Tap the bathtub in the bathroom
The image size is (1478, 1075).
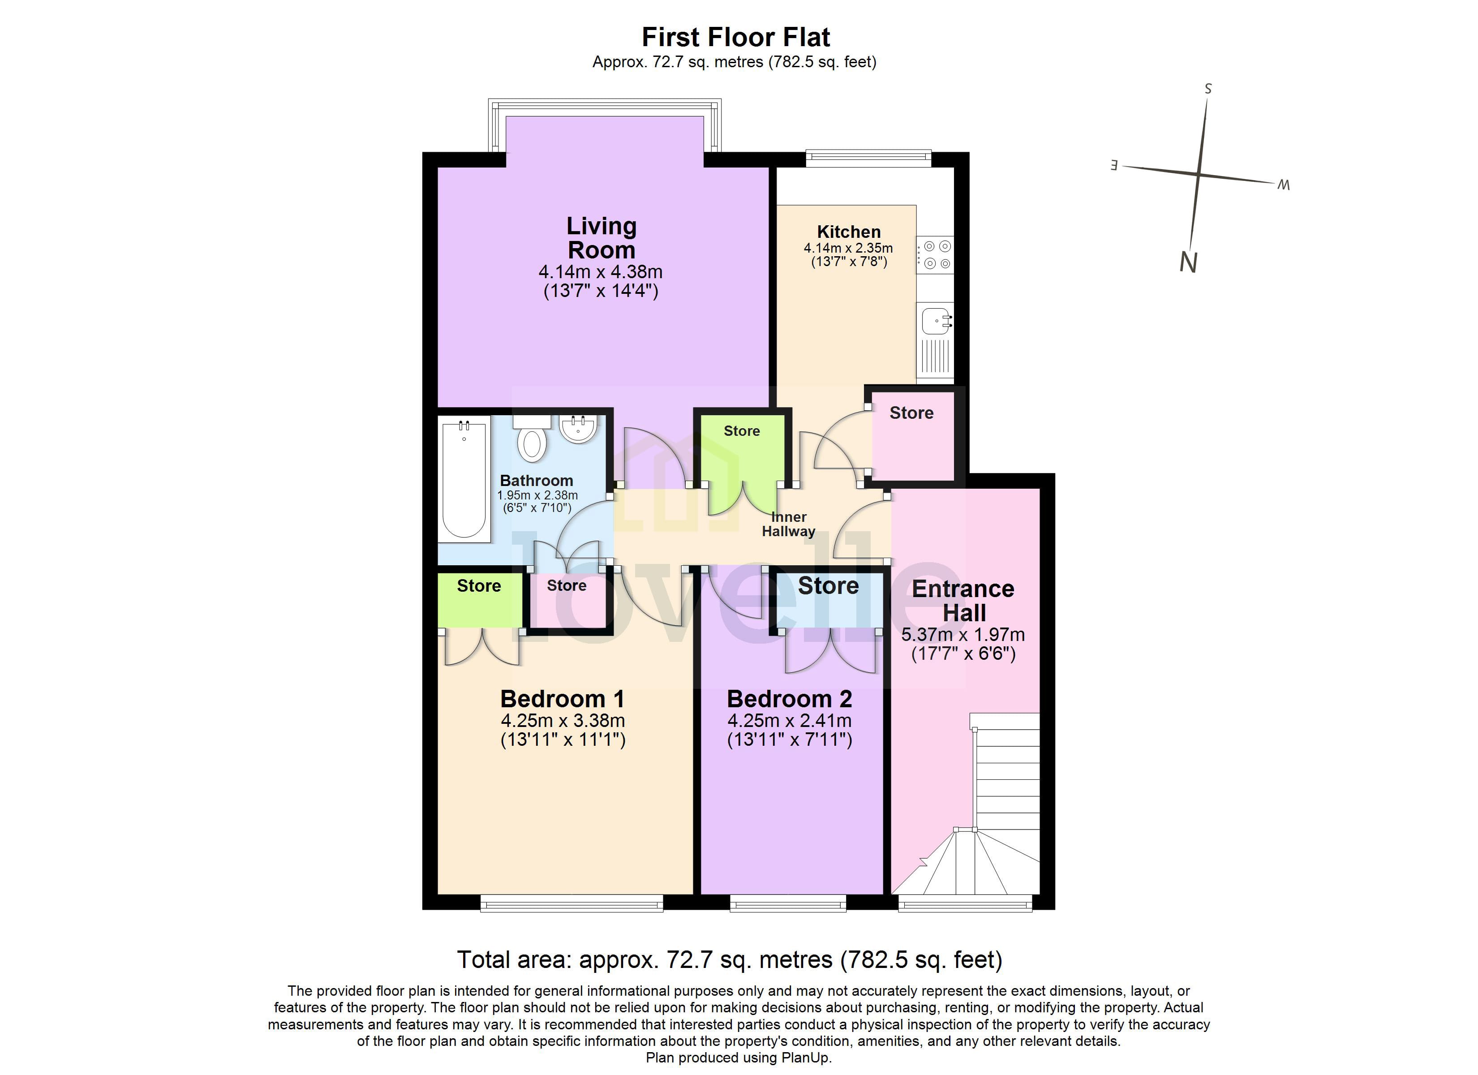[x=464, y=479]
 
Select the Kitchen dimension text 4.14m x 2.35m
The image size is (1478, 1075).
[x=848, y=249]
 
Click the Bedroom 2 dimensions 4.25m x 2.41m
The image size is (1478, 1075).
[x=789, y=721]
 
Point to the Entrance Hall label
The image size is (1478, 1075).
[x=963, y=600]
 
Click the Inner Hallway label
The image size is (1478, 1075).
[x=789, y=524]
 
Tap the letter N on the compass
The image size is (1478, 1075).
[x=1188, y=263]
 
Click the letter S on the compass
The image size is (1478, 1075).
[x=1207, y=89]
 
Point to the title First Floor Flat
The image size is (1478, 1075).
[x=736, y=37]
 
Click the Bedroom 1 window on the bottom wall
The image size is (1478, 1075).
[x=571, y=903]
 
